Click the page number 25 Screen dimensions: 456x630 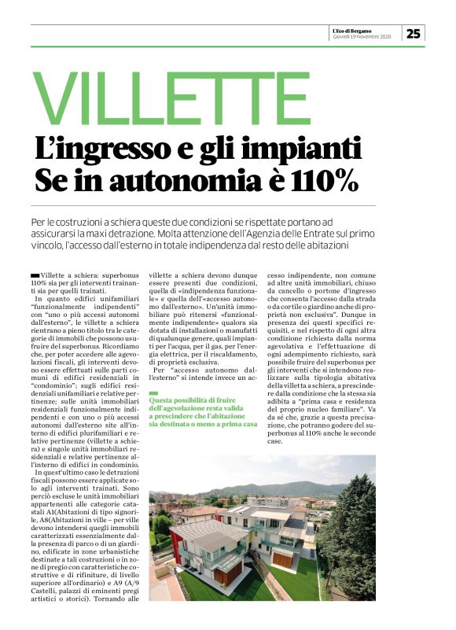pos(414,33)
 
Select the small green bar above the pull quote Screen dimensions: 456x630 pos(153,392)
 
